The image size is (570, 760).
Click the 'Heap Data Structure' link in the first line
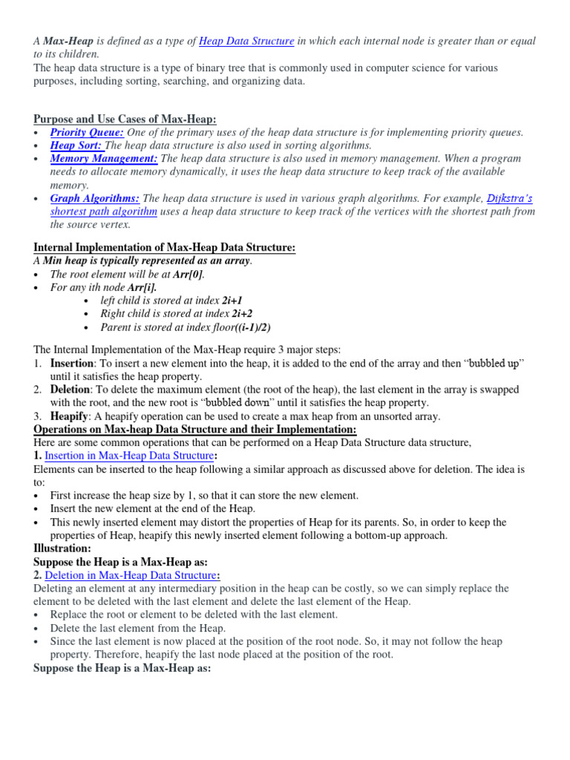[246, 42]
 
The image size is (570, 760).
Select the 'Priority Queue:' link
[87, 132]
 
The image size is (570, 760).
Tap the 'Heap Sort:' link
[76, 145]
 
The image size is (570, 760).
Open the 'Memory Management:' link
[104, 159]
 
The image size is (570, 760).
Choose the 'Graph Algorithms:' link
[95, 199]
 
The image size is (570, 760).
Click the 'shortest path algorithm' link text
[104, 212]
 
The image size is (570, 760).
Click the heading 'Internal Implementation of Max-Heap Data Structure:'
[165, 247]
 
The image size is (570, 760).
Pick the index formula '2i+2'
[237, 314]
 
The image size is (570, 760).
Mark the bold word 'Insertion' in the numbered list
[72, 363]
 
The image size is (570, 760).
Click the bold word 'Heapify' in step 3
[69, 416]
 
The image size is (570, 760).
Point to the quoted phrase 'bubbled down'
[237, 403]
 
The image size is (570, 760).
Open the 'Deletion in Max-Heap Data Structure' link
[131, 575]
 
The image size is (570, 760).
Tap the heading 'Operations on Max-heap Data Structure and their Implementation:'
[195, 430]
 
